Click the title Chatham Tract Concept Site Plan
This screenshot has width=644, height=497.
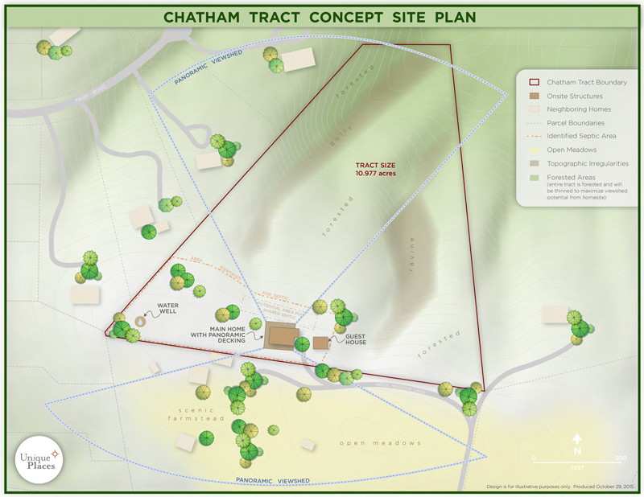[320, 17]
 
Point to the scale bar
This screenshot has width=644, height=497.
[577, 458]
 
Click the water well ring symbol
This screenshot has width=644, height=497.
[140, 321]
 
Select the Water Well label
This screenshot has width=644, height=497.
[167, 310]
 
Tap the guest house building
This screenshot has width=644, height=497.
[320, 343]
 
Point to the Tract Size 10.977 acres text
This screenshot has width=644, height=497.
[376, 169]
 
